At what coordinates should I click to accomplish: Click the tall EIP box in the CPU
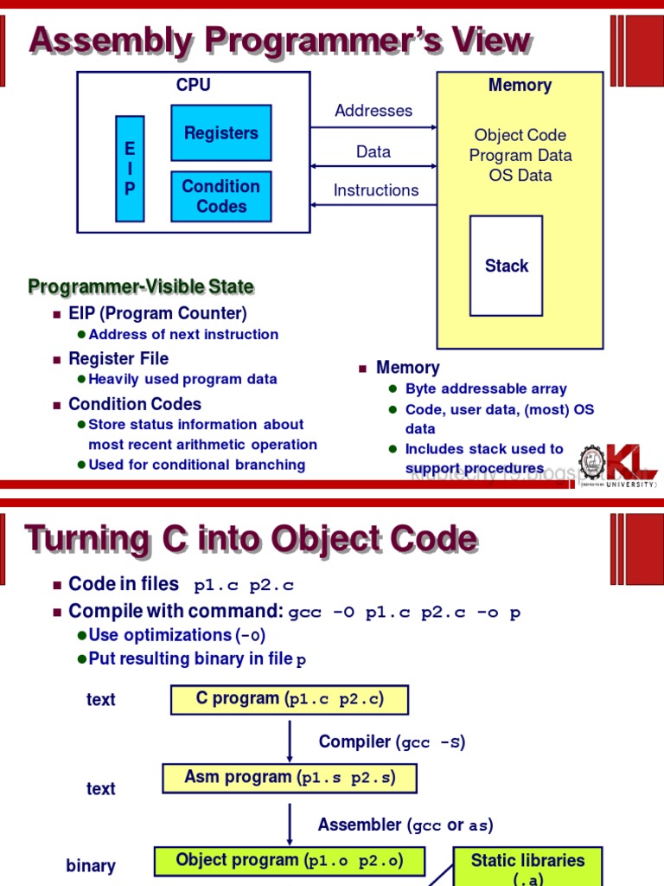(130, 169)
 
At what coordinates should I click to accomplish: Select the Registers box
(221, 133)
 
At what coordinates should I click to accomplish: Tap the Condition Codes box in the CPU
(221, 196)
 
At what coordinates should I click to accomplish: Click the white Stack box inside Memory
(506, 266)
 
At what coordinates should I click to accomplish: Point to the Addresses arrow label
(373, 111)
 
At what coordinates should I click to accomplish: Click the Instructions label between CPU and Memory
(376, 190)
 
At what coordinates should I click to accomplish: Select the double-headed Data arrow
(373, 166)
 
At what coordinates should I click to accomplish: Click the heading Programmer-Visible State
(141, 286)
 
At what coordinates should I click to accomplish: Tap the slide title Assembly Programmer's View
(278, 40)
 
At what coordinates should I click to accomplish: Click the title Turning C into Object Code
(251, 539)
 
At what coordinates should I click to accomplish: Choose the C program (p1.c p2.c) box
(289, 699)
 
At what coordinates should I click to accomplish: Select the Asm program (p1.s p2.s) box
(290, 778)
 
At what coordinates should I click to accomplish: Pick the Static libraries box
(527, 867)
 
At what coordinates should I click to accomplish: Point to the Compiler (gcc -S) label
(392, 742)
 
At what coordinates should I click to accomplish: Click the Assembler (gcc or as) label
(405, 825)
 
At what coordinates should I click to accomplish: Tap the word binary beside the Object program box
(91, 866)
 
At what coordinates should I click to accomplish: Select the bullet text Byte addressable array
(486, 388)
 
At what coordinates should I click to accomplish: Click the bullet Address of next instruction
(183, 334)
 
